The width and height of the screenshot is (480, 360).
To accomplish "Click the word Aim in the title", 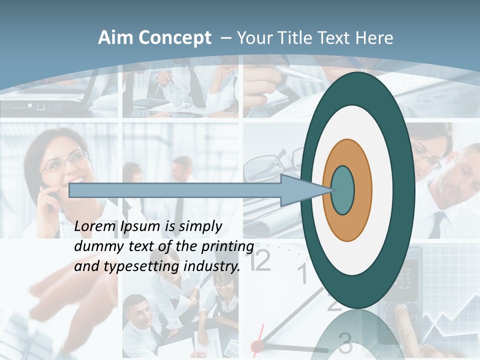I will (x=115, y=38).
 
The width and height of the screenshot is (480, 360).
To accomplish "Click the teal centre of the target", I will (x=343, y=190).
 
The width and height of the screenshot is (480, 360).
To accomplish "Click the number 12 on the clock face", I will (x=260, y=260).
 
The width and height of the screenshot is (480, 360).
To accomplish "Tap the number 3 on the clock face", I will (x=345, y=342).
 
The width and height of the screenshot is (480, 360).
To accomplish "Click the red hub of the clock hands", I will (x=257, y=345).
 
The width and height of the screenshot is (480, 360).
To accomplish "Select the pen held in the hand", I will (x=300, y=75).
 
